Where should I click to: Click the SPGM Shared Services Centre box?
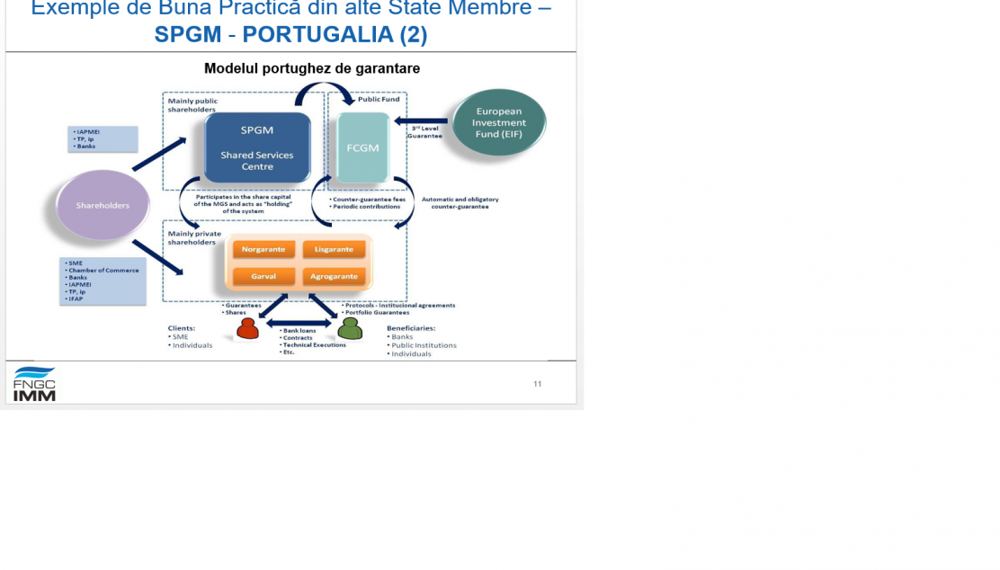tap(256, 147)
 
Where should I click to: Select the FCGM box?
tap(362, 147)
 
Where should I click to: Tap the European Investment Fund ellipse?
tap(498, 122)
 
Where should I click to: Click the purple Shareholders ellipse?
tap(102, 205)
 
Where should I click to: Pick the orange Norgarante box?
tap(263, 249)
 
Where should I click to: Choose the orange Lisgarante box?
tap(334, 249)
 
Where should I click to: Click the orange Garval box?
tap(263, 276)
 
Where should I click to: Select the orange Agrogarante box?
tap(334, 276)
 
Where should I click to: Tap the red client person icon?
tap(247, 329)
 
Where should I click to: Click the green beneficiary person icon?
tap(350, 329)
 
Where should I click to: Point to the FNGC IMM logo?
tap(34, 384)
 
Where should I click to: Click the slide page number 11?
tap(537, 384)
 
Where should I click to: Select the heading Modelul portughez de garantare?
tap(311, 68)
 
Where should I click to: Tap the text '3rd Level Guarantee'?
tap(425, 132)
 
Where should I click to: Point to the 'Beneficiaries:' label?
tap(411, 328)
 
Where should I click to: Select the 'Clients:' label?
tap(181, 328)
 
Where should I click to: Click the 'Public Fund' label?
tap(379, 99)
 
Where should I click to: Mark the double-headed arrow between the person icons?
tap(299, 323)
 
